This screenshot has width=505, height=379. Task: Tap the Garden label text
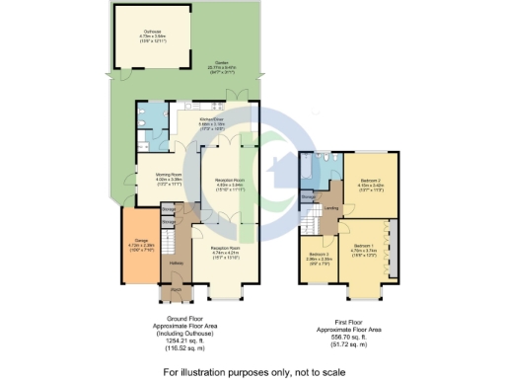pos(211,65)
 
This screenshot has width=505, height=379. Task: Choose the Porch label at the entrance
pos(175,289)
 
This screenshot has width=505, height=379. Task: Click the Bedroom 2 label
pos(364,183)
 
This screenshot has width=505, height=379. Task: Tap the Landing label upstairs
pos(333,208)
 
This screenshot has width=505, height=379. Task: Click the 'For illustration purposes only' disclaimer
pos(253,370)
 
